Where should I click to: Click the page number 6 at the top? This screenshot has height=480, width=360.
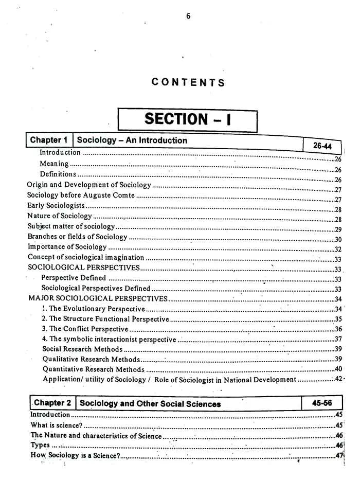coord(188,16)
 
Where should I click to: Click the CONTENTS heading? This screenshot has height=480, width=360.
coord(188,82)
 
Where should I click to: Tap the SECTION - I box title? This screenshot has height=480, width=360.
coord(188,119)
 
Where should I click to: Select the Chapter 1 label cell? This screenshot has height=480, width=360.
coord(49,140)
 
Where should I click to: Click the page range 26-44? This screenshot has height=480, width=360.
coord(322,146)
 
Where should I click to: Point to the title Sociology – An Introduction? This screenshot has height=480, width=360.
coord(132,140)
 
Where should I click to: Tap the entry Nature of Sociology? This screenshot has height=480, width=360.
coord(60,216)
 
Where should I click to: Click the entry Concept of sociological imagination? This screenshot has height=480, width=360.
coord(86,257)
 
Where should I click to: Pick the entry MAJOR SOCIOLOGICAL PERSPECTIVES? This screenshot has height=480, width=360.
coord(98,298)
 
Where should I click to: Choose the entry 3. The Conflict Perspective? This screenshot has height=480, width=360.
coord(85,329)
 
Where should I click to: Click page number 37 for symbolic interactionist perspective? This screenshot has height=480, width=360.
coord(338,339)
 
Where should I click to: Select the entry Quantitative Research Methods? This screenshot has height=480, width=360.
coord(94,369)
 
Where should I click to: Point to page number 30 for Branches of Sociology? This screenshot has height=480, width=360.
coord(338,239)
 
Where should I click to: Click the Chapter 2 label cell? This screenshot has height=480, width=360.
coord(52,403)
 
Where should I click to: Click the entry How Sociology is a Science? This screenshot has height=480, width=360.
coord(75,455)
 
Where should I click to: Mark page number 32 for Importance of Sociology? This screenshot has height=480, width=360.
coord(338,250)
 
